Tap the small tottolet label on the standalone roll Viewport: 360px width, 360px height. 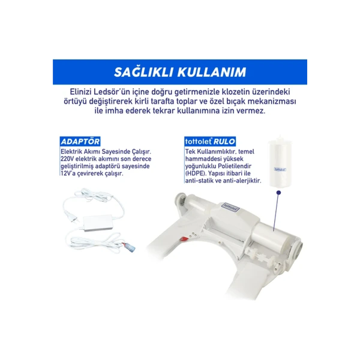tap(280, 169)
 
